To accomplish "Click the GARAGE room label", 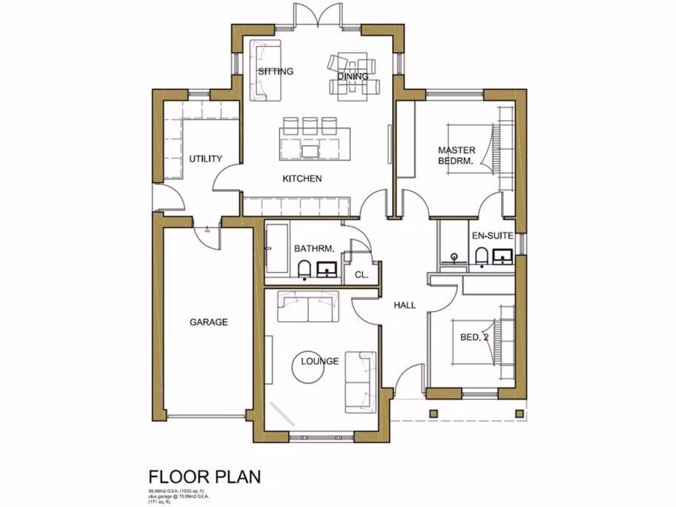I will [x=209, y=322].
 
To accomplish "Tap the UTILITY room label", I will [x=205, y=159].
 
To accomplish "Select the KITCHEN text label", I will [x=302, y=179].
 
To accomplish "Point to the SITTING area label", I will [x=275, y=71].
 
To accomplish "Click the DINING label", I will [x=353, y=77].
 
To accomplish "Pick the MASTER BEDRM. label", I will [x=456, y=156].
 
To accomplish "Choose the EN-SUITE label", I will [x=492, y=236].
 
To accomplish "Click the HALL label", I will [x=405, y=305].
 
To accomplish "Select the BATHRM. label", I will [x=315, y=249].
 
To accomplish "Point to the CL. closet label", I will [x=360, y=274].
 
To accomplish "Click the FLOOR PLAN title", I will [x=205, y=476].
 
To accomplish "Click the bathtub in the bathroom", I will [x=276, y=248].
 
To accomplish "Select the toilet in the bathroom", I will [x=304, y=269].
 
